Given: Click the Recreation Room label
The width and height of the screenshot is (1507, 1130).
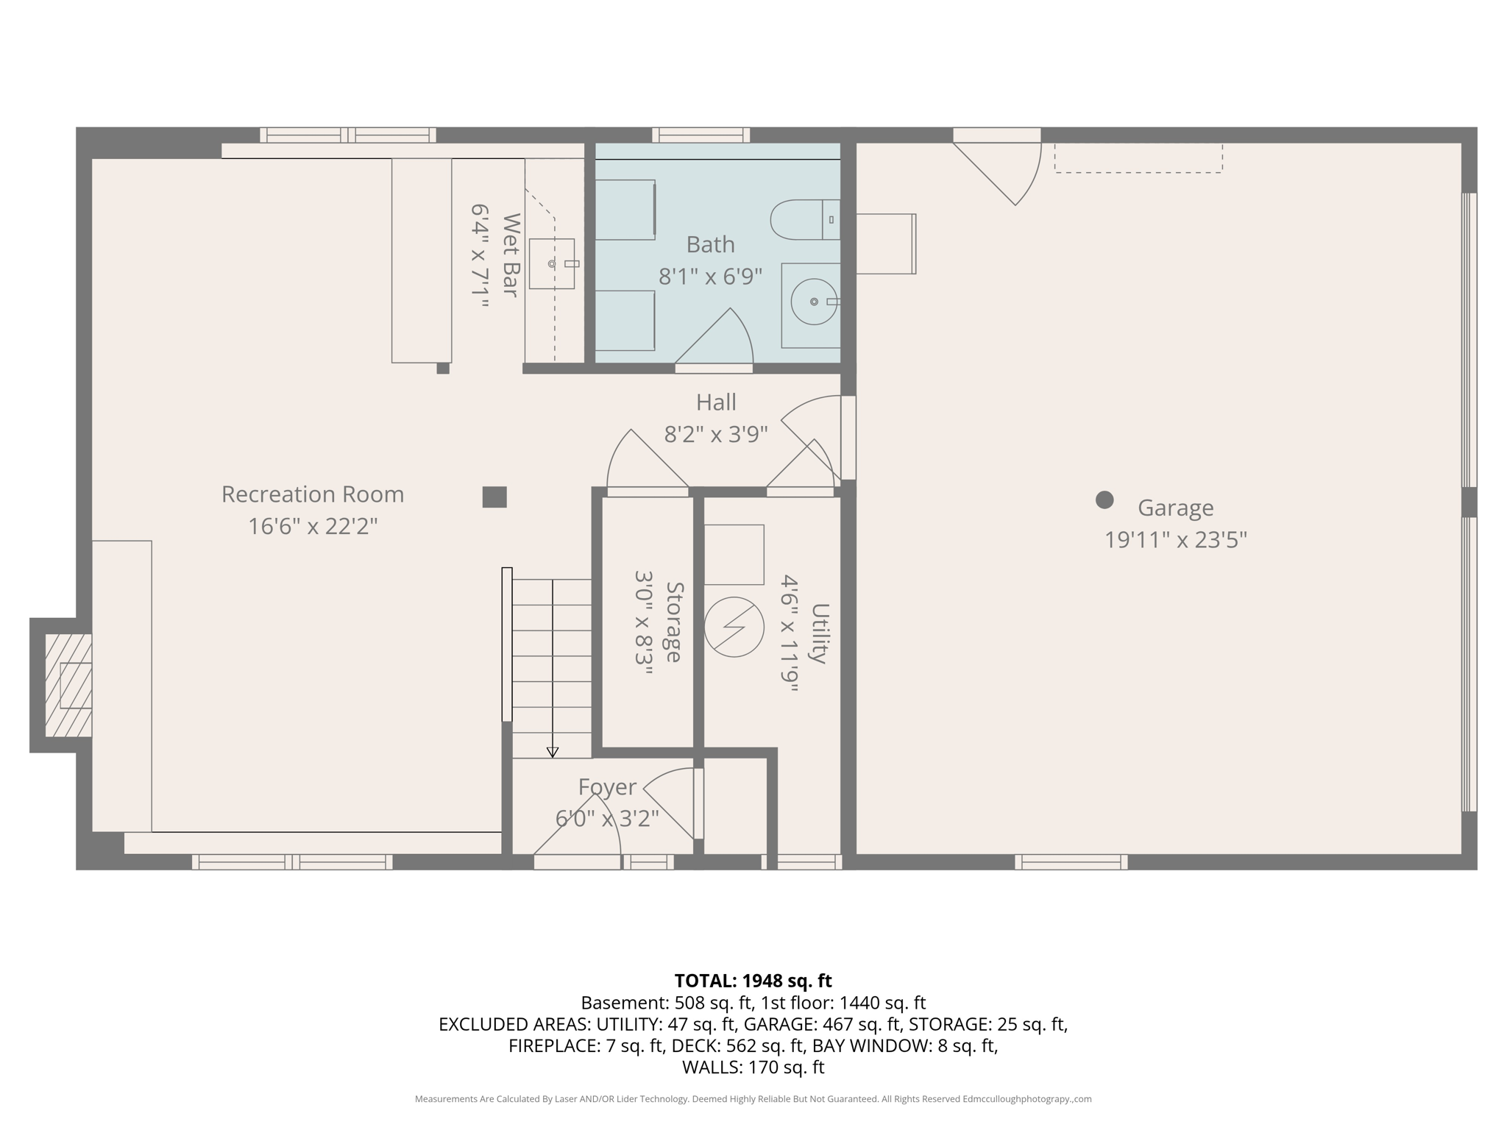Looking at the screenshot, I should click(313, 494).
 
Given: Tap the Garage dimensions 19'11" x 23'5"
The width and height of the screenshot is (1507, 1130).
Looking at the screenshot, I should click(1175, 541).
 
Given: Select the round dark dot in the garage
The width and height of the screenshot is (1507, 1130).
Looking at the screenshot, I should click(1104, 500).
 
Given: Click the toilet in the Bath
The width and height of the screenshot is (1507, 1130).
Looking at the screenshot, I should click(804, 219).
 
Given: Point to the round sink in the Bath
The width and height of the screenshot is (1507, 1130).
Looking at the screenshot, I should click(813, 302).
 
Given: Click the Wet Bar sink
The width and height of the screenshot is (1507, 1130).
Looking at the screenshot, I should click(552, 263).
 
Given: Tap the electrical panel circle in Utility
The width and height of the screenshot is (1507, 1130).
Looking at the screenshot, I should click(734, 627).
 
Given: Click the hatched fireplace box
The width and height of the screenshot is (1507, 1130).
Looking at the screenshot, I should click(68, 685).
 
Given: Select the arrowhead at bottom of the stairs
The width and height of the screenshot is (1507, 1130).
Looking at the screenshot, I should click(552, 752).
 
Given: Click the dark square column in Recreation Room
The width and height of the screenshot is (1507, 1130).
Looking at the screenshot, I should click(494, 497).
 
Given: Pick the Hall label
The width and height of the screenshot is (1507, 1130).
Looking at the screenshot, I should click(716, 403).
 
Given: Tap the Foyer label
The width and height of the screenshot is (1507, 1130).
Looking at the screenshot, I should click(606, 787).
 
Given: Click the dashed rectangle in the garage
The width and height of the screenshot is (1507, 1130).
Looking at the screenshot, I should click(1138, 159).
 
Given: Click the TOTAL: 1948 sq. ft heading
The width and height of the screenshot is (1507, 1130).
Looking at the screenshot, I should click(753, 981).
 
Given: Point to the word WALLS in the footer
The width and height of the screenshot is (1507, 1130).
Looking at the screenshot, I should click(712, 1067).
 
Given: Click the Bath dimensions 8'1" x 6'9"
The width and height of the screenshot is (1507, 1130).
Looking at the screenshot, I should click(710, 277).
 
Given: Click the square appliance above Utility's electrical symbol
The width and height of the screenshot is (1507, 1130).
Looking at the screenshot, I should click(734, 555).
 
